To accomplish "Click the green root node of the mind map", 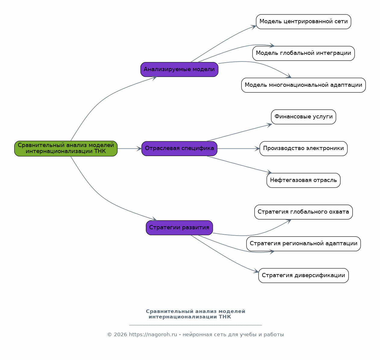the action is pyautogui.click(x=66, y=149).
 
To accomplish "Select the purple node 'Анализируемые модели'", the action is pyautogui.click(x=179, y=69).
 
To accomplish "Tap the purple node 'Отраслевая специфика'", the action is pyautogui.click(x=179, y=149).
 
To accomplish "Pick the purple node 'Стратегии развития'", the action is pyautogui.click(x=179, y=228).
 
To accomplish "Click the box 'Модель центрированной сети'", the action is pyautogui.click(x=303, y=22).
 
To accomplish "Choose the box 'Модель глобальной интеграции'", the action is pyautogui.click(x=303, y=53).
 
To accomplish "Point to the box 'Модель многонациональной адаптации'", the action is pyautogui.click(x=303, y=85).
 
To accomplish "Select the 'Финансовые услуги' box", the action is pyautogui.click(x=303, y=117).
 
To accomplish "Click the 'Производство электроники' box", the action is pyautogui.click(x=303, y=149).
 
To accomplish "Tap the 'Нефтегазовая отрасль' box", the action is pyautogui.click(x=303, y=180).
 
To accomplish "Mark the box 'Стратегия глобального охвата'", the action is pyautogui.click(x=303, y=212).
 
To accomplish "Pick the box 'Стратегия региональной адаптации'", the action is pyautogui.click(x=303, y=244).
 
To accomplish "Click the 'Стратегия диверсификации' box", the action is pyautogui.click(x=303, y=275).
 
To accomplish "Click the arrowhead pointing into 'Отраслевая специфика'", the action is pyautogui.click(x=139, y=149).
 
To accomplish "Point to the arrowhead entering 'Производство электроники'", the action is pyautogui.click(x=257, y=149).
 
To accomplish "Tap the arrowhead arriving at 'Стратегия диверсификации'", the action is pyautogui.click(x=256, y=271).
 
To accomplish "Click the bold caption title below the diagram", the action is pyautogui.click(x=195, y=314).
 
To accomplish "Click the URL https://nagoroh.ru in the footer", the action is pyautogui.click(x=153, y=335).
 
